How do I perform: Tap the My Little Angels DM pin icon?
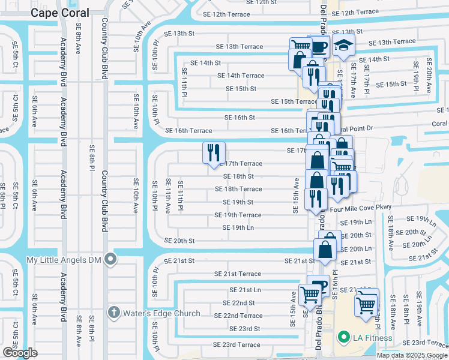point(110,259)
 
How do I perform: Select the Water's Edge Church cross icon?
point(114,312)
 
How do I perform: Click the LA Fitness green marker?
point(343,338)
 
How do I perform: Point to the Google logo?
point(20,353)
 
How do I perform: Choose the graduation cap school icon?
point(343,46)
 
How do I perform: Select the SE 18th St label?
point(238,176)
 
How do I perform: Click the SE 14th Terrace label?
point(241,76)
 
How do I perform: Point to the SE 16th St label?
point(240,118)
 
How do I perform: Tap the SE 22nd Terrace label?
point(238,316)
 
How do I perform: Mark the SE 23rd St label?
point(244,329)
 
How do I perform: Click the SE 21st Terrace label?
point(238,274)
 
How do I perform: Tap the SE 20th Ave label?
point(429,74)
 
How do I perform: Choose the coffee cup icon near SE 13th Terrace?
point(318,46)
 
